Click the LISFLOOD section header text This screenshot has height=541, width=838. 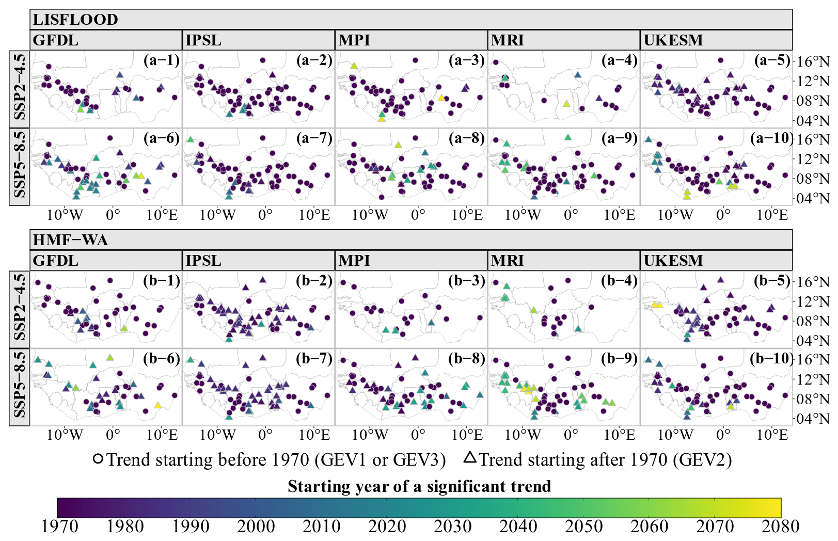point(75,20)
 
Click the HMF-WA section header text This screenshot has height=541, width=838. point(70,240)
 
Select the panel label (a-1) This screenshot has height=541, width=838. point(162,60)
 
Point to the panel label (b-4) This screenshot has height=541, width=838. point(619,281)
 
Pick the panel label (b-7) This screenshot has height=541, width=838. point(314,358)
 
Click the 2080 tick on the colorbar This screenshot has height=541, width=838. point(780,527)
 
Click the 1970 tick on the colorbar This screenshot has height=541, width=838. point(59,527)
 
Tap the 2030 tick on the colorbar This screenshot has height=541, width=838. point(452,527)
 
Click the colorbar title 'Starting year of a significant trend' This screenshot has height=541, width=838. point(419,486)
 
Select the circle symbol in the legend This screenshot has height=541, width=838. point(98,459)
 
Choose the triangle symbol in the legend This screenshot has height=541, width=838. point(469,457)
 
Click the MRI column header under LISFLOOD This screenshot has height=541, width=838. point(507,40)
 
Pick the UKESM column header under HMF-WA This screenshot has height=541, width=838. point(673,261)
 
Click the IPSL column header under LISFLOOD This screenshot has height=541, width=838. point(203,40)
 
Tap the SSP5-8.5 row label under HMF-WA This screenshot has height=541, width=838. point(20,387)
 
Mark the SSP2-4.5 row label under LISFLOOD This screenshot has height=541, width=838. point(20,89)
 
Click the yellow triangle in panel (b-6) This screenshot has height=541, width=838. point(158,405)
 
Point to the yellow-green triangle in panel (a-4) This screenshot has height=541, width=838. point(566,104)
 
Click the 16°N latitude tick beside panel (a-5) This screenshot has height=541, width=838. point(813,61)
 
